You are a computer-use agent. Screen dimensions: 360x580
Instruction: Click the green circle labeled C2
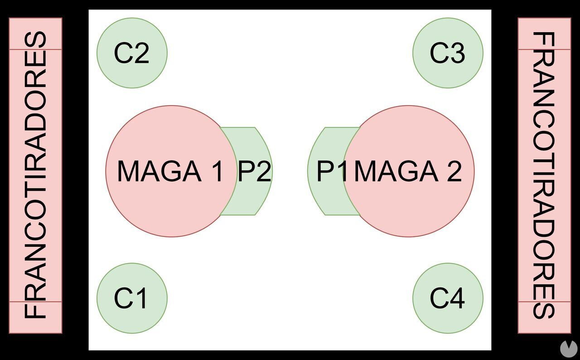(x=132, y=53)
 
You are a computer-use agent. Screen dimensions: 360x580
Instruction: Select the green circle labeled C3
(x=448, y=53)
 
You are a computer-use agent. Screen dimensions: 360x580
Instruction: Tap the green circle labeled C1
(x=132, y=298)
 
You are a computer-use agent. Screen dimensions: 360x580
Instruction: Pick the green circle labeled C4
(x=448, y=298)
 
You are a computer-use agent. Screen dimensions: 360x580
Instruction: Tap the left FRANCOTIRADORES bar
(x=35, y=175)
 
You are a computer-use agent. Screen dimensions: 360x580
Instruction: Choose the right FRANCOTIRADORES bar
(x=544, y=175)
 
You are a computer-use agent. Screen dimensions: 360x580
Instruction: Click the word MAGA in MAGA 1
(x=159, y=171)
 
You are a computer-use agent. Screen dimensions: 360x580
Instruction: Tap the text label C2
(x=131, y=53)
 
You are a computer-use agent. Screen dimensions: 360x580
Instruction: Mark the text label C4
(x=447, y=298)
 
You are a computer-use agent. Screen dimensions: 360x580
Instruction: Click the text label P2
(x=255, y=172)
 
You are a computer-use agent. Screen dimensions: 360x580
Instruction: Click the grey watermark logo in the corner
(x=568, y=348)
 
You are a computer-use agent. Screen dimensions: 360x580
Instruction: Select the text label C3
(x=447, y=53)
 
